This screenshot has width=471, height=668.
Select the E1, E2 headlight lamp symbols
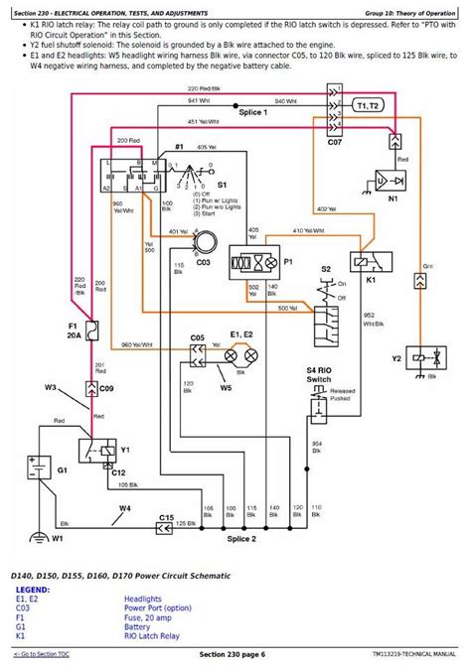click(x=240, y=354)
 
